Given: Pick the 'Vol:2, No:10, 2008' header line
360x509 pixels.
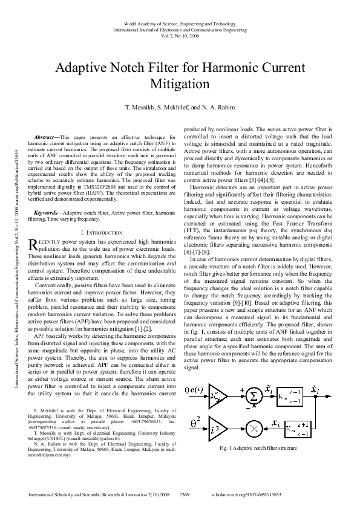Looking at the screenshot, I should coord(180,36).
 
